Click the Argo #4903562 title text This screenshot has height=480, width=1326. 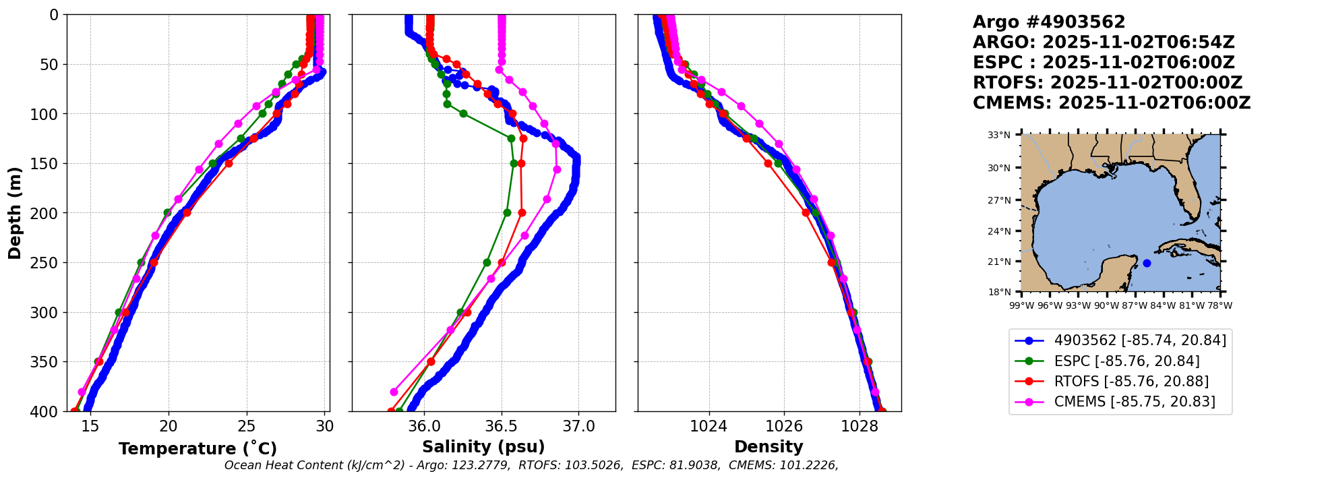(1048, 22)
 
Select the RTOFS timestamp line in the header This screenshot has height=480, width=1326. (1107, 83)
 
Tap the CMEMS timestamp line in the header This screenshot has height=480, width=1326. (1111, 103)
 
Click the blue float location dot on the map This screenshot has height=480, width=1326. (1147, 263)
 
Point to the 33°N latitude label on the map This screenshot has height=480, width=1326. (999, 135)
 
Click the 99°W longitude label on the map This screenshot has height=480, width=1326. (1021, 305)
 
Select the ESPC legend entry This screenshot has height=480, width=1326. (1126, 361)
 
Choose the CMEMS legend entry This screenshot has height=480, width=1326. (1135, 402)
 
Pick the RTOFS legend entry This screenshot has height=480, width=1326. (1131, 382)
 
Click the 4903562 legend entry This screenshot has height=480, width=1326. (1140, 340)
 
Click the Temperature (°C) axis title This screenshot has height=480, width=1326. (198, 449)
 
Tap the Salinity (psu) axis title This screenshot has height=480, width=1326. (483, 447)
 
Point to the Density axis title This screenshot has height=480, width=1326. (769, 447)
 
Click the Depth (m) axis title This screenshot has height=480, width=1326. (15, 213)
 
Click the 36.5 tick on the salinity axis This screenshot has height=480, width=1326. (501, 427)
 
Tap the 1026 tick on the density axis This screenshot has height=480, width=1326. (784, 427)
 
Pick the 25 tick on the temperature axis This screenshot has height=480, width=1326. (247, 427)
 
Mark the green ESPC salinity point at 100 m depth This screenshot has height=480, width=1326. (463, 113)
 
